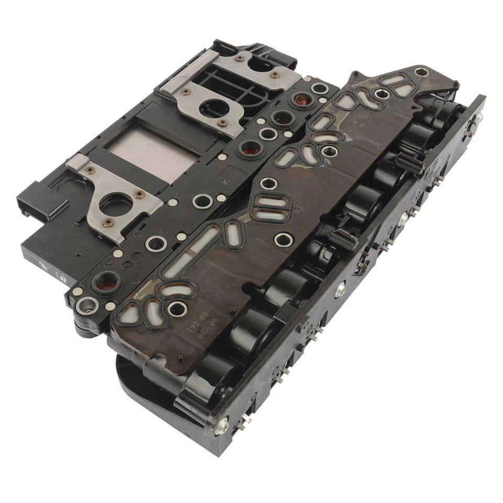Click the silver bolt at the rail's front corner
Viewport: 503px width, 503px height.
click(x=222, y=426)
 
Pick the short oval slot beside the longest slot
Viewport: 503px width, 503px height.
click(x=231, y=231)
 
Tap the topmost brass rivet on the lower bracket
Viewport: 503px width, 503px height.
click(x=139, y=194)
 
